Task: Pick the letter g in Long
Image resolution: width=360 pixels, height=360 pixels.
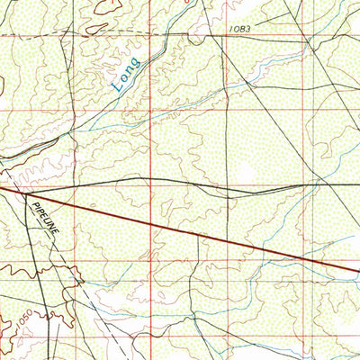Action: [x=135, y=63]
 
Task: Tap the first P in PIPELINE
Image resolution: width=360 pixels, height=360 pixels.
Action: [x=34, y=205]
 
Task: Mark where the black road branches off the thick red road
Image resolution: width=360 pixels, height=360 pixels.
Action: [x=27, y=192]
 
